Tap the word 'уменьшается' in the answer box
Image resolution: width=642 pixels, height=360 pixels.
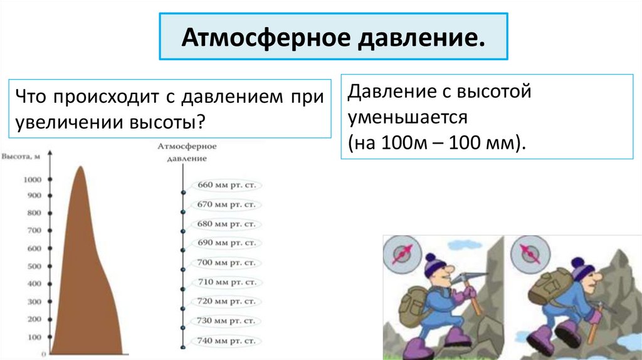tap(408, 117)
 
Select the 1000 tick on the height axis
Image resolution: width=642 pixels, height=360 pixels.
tap(50, 180)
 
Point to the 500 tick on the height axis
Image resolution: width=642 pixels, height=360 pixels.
tap(50, 267)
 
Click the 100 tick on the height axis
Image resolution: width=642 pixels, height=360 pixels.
tap(50, 337)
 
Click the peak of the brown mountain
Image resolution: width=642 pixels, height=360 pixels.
tap(80, 168)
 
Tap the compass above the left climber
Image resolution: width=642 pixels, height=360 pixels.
tap(401, 253)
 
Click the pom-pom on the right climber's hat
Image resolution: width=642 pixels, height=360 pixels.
tap(577, 262)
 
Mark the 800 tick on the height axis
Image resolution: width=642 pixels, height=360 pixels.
tap(50, 213)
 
